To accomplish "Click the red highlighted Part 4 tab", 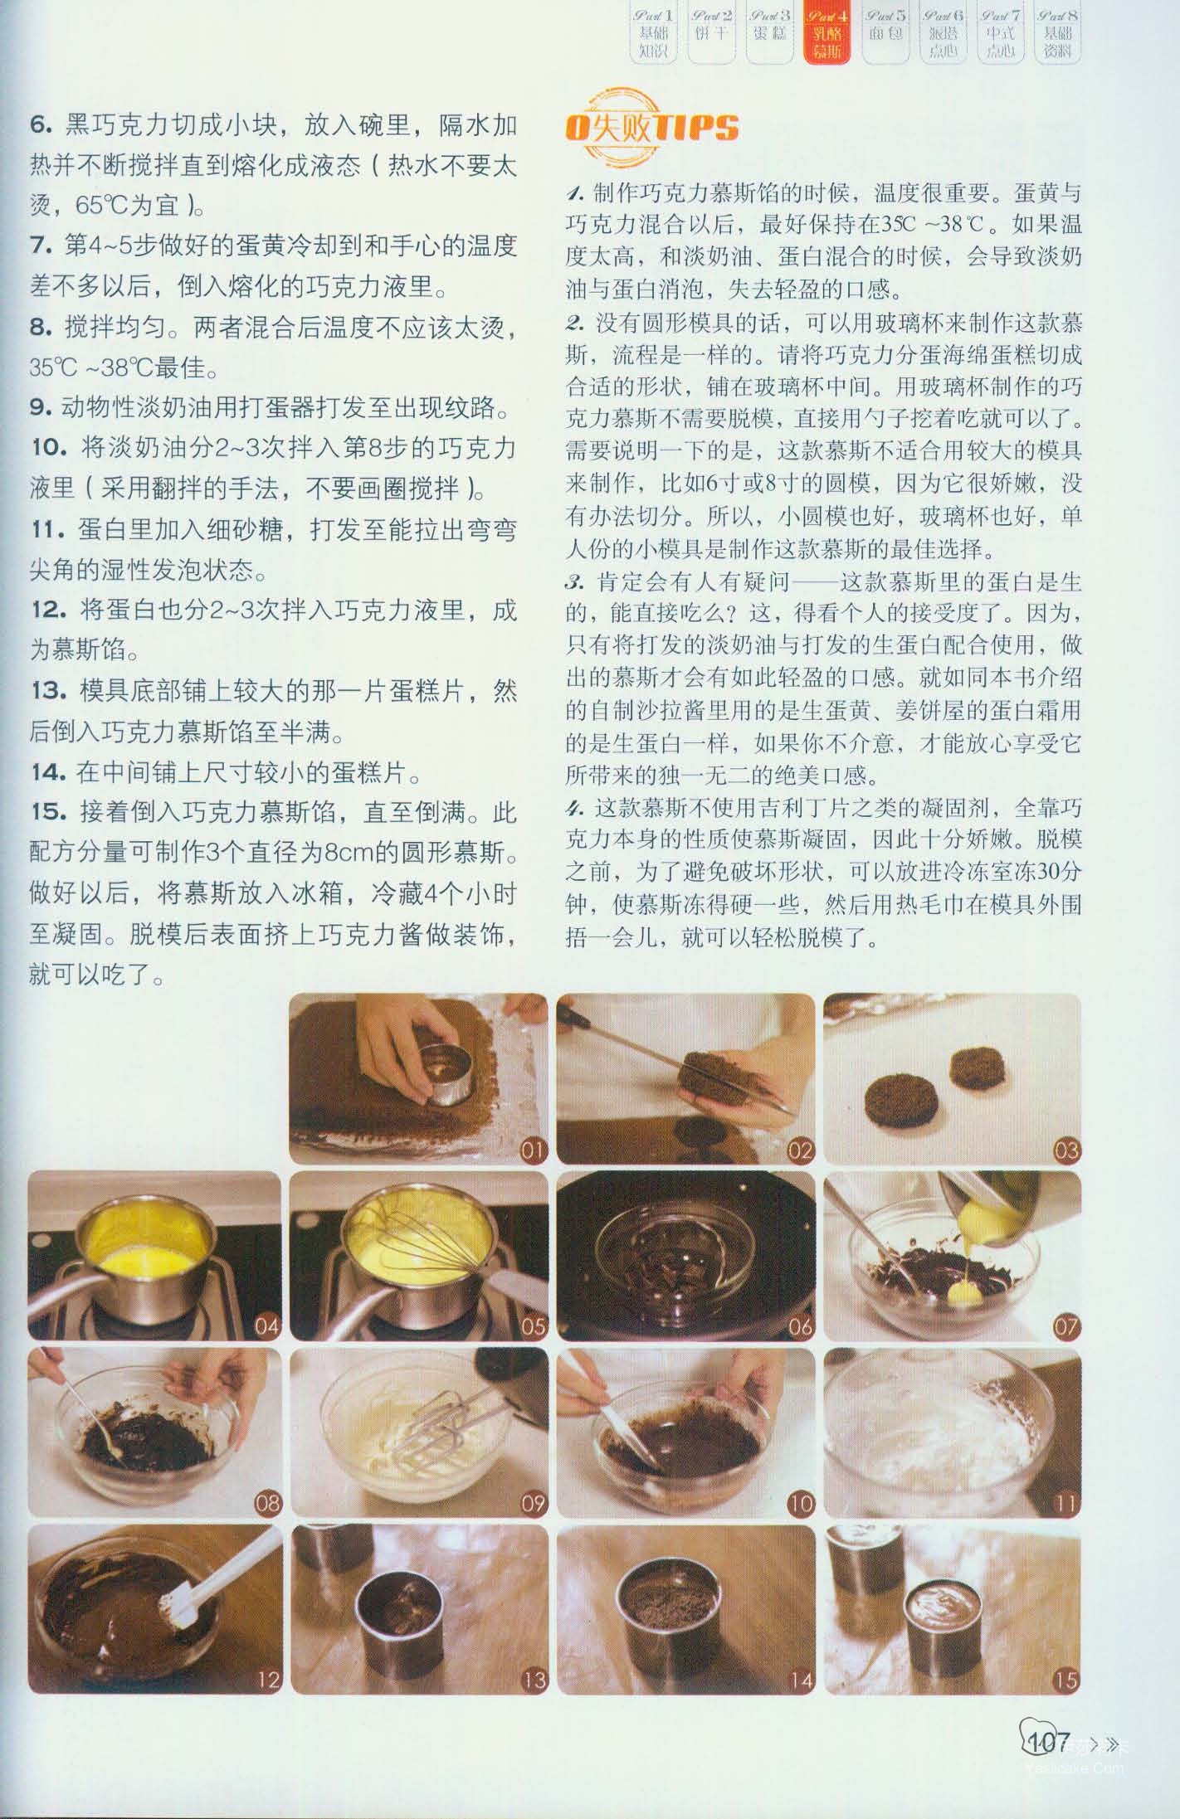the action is click(826, 34).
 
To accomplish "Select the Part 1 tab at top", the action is click(653, 34).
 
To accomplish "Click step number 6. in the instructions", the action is click(41, 125).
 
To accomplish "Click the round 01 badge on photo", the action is click(533, 1150).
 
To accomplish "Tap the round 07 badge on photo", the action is click(1065, 1326).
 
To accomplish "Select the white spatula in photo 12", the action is click(216, 1575).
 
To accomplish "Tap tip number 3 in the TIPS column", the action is click(574, 581).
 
